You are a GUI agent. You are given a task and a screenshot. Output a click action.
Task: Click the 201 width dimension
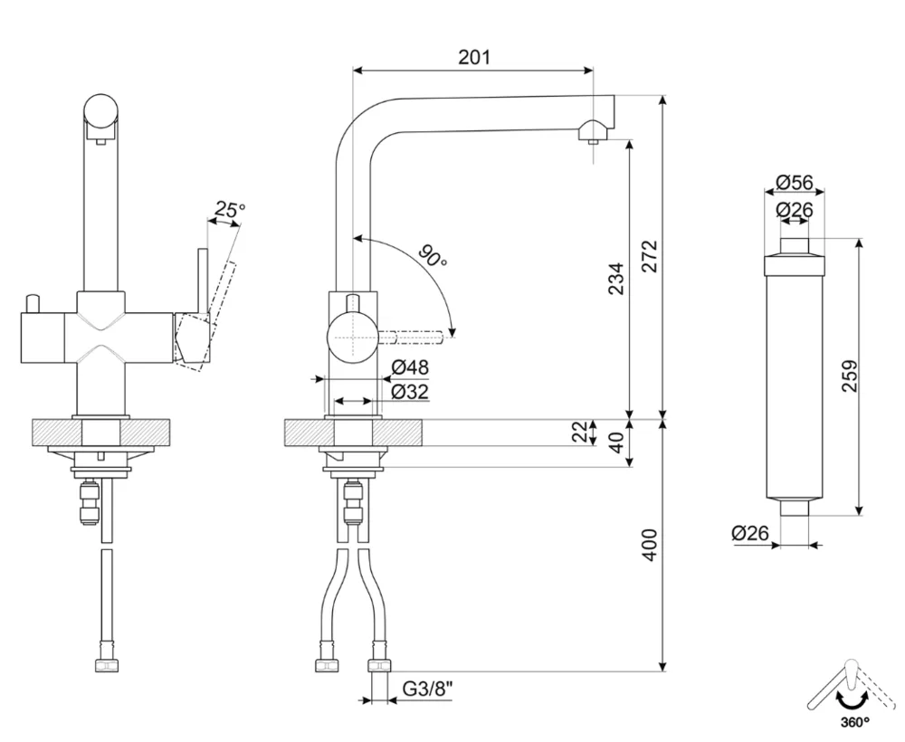[x=474, y=57]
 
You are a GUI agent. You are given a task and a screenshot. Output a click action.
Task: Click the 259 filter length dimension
[x=848, y=376]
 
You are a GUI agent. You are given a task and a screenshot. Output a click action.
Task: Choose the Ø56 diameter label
[x=794, y=183]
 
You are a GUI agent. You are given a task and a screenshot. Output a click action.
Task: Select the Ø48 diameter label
[x=410, y=367]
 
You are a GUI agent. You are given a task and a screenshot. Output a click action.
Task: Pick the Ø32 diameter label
[x=410, y=391]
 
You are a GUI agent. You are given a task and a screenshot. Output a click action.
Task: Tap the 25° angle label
[x=227, y=211]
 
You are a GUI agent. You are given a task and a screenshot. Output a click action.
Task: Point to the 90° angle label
[x=433, y=258]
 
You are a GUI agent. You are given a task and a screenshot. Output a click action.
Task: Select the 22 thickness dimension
[x=580, y=433]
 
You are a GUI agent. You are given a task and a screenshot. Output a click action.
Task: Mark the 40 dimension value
[x=616, y=445]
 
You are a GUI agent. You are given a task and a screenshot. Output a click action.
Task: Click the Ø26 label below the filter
[x=750, y=534]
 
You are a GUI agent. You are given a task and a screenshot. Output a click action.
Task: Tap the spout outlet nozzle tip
[x=591, y=138]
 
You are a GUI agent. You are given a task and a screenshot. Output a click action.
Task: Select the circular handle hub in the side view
[x=350, y=337]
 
